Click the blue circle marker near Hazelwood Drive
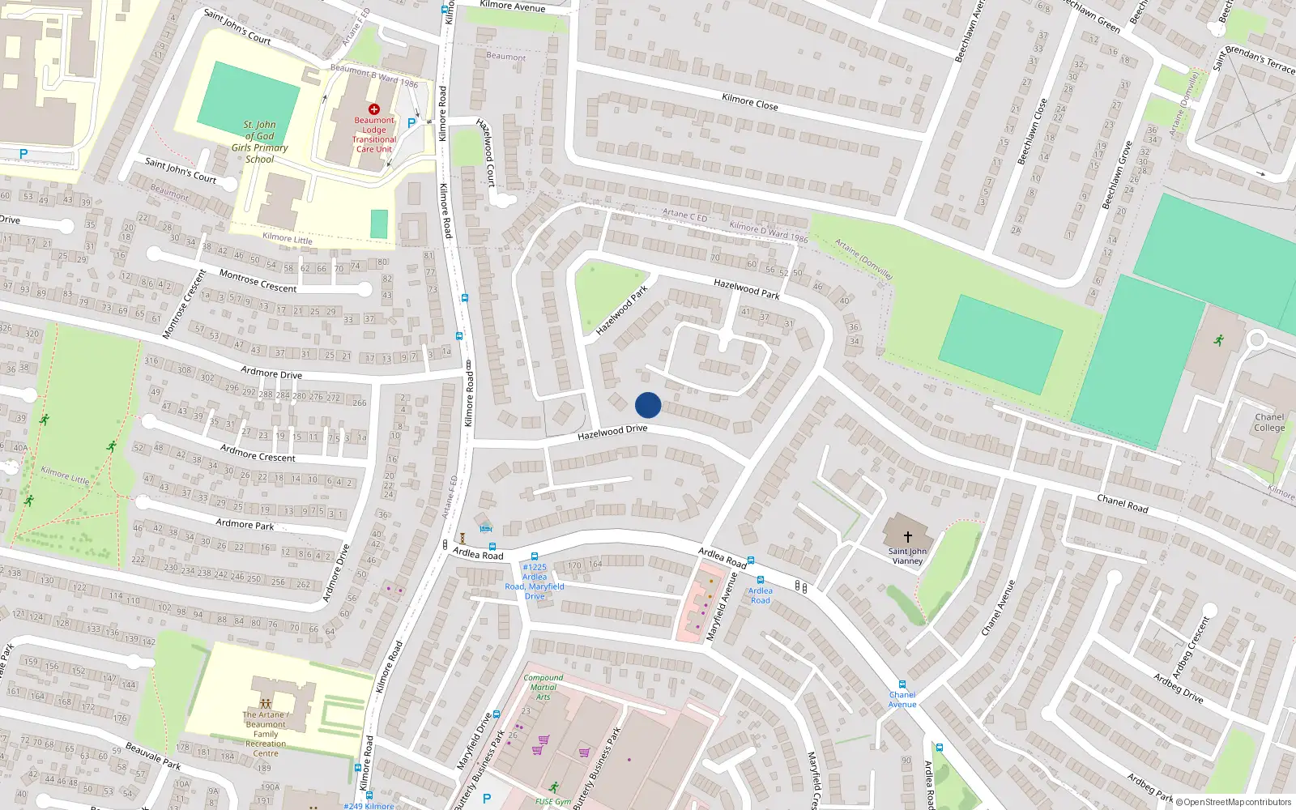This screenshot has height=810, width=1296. tap(648, 405)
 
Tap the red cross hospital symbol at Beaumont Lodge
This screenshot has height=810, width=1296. tap(374, 109)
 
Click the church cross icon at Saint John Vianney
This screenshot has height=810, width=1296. tap(908, 536)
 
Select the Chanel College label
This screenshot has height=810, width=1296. tap(1269, 423)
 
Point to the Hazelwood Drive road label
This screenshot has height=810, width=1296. tap(612, 432)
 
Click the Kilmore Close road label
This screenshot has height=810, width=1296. tap(749, 102)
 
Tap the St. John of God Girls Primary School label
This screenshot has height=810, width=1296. tap(259, 142)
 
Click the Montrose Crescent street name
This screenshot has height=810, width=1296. tap(258, 281)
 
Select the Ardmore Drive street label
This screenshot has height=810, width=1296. tap(271, 373)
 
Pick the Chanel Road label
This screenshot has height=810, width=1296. tap(1122, 503)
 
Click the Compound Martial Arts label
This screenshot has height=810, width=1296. tap(543, 687)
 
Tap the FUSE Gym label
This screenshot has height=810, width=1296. tap(552, 802)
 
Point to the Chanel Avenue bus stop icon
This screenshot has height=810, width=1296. tap(902, 684)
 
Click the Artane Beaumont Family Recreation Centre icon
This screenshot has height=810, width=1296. tap(266, 704)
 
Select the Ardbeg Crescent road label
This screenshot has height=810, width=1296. tap(1191, 647)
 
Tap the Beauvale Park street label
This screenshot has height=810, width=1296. tap(152, 756)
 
